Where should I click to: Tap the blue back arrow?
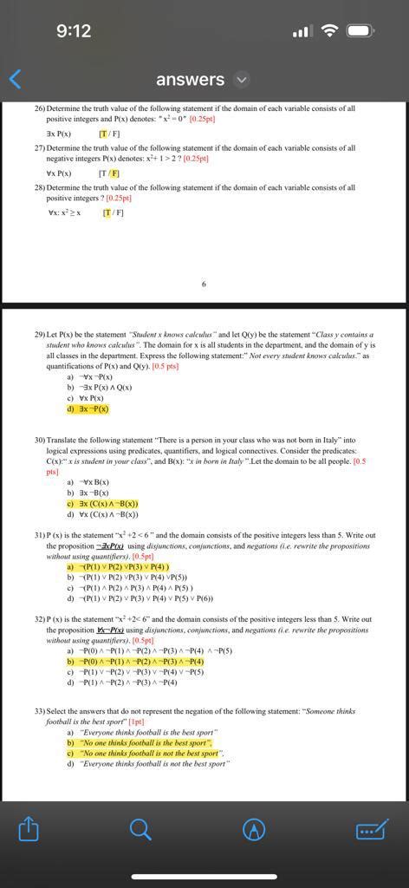point(15,79)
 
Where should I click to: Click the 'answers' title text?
point(190,80)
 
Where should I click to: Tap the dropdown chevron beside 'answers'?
point(242,80)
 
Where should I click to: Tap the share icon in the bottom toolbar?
point(29,830)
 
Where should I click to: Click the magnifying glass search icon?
point(140,830)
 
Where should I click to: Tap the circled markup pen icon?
point(253,830)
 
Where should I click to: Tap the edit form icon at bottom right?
point(370,831)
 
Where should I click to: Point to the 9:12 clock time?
point(74,31)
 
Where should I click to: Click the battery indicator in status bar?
point(360,31)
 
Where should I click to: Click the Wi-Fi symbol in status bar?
point(328,31)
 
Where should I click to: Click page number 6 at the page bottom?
point(204,283)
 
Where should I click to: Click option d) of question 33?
point(147,764)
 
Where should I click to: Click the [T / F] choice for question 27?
point(110,173)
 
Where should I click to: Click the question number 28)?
point(40,187)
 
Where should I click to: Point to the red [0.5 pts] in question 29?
point(165,366)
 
